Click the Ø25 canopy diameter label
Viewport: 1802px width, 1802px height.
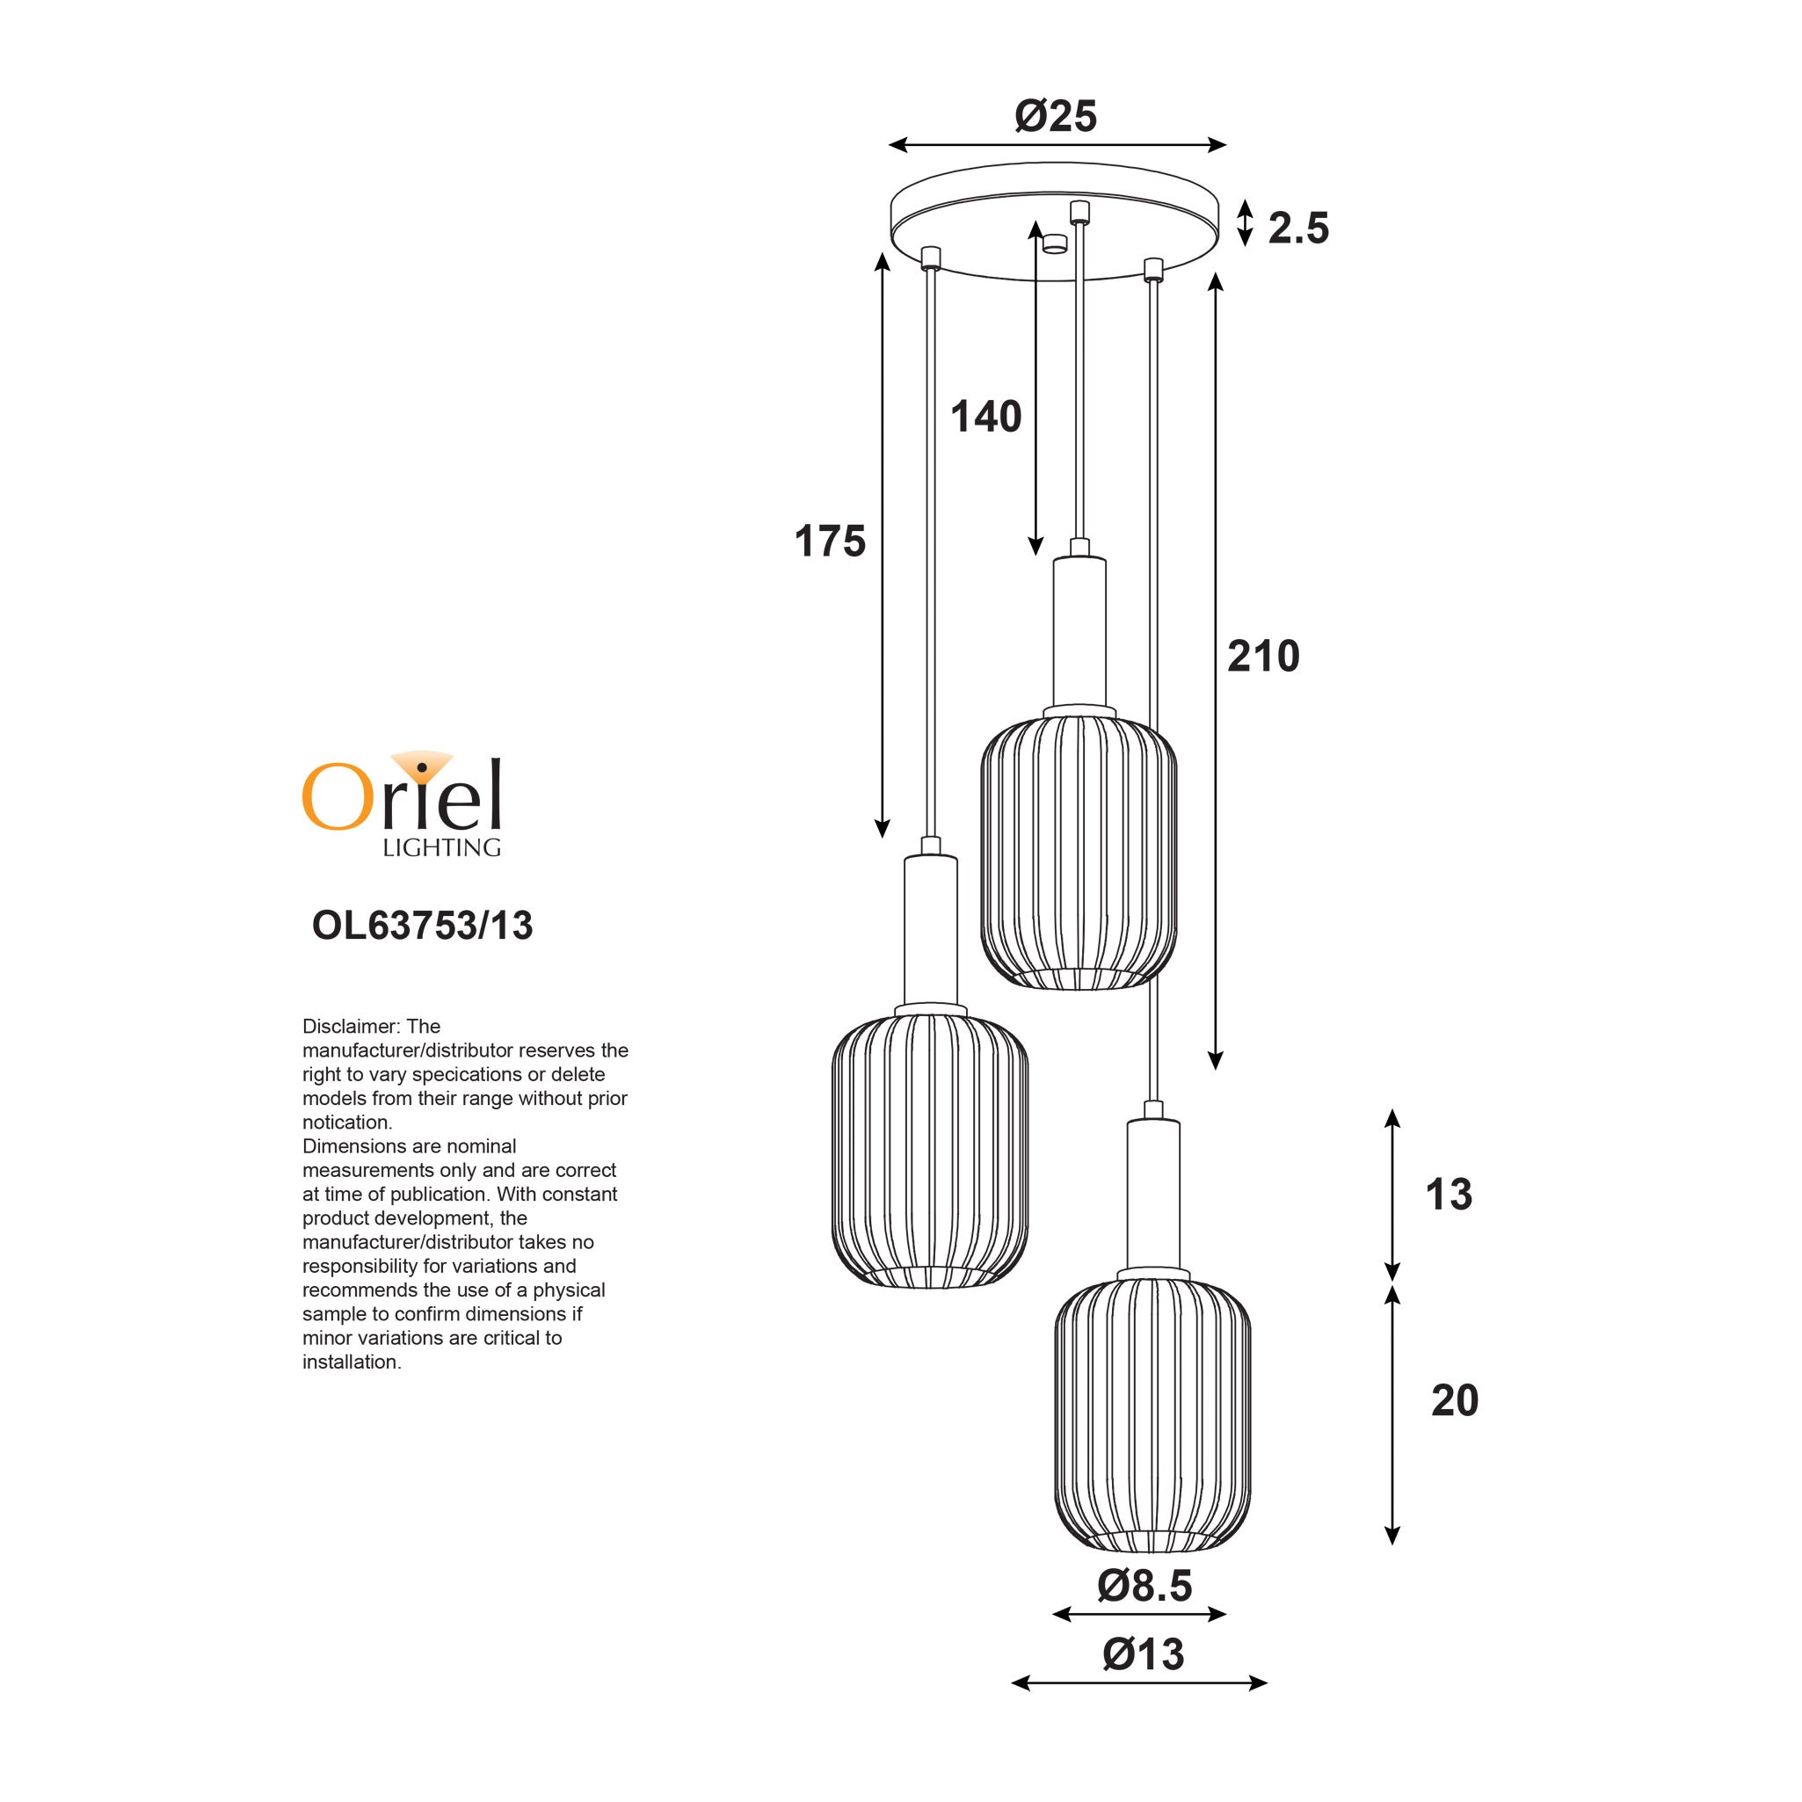click(x=1055, y=117)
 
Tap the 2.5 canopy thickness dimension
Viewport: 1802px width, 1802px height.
click(x=1297, y=229)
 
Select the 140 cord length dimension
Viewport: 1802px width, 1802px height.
click(x=986, y=417)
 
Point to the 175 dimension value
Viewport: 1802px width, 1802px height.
click(x=829, y=541)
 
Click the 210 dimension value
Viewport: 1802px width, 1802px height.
click(x=1263, y=657)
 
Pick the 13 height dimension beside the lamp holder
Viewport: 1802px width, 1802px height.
click(x=1449, y=1195)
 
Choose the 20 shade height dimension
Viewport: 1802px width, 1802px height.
click(x=1454, y=1401)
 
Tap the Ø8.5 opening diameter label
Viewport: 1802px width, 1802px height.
click(x=1144, y=1586)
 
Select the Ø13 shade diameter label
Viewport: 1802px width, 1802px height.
click(x=1143, y=1654)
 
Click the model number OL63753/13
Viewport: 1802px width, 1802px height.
click(x=422, y=926)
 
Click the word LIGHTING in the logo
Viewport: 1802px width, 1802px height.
click(x=441, y=847)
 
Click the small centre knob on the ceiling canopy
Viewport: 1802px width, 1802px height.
click(x=1055, y=244)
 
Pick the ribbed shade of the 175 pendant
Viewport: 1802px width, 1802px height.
click(x=930, y=1150)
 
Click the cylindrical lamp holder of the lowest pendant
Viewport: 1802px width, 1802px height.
click(x=1152, y=1195)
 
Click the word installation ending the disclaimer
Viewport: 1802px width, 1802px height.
click(x=350, y=1362)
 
